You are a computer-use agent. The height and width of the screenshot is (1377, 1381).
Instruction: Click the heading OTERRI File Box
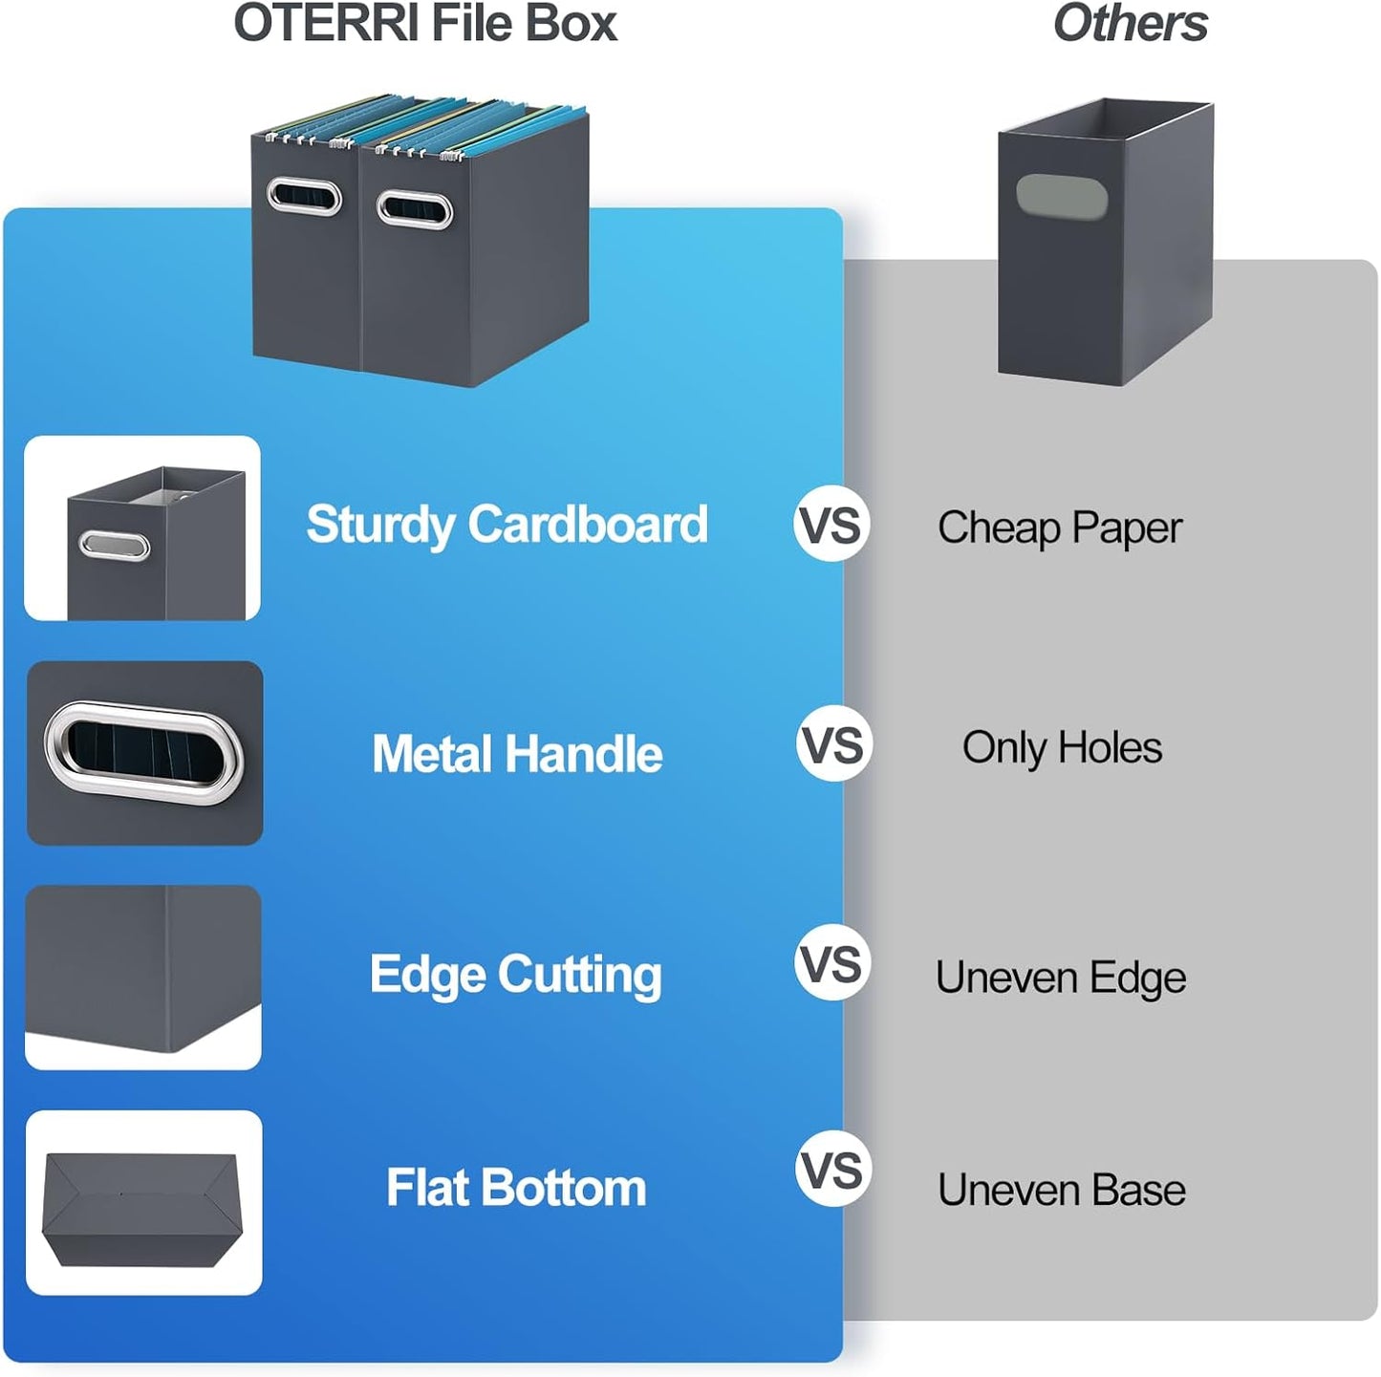425,24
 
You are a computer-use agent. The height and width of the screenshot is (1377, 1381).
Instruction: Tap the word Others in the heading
1130,24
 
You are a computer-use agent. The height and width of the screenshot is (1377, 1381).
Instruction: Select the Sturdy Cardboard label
507,525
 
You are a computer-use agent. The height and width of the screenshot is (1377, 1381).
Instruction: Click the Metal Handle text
517,754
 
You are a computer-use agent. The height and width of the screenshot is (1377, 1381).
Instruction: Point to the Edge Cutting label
515,975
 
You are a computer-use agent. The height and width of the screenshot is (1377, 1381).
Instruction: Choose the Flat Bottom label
516,1189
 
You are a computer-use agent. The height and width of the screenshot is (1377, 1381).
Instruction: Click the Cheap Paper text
1060,527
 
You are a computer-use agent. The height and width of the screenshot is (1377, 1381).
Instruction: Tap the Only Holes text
1062,747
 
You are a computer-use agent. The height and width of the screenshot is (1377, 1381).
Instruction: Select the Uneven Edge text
1061,978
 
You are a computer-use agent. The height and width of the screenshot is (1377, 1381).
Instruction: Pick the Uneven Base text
1062,1191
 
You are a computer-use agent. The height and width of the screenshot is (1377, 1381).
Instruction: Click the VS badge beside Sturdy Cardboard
831,525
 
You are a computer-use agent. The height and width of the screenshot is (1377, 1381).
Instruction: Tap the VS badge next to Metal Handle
834,744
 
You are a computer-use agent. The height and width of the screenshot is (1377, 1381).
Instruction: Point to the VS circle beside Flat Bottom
833,1170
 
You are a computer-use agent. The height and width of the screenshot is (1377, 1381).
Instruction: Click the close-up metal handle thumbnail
144,753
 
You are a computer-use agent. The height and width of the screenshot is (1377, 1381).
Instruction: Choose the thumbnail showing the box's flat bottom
143,1203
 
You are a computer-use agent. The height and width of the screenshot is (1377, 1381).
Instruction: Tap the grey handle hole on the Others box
1061,196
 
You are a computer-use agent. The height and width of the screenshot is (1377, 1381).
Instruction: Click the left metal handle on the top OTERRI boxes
304,197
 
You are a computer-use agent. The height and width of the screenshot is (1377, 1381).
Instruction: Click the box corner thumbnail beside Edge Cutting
143,977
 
